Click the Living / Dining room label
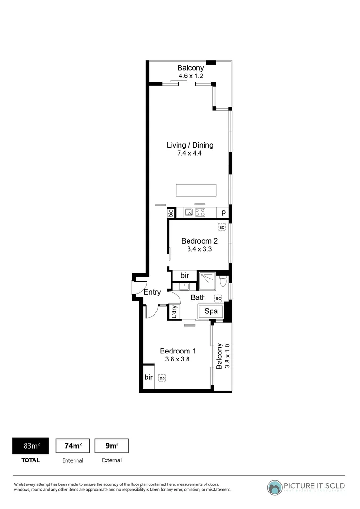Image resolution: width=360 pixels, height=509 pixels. (x=190, y=145)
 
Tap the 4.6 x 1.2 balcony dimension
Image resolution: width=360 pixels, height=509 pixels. (x=190, y=75)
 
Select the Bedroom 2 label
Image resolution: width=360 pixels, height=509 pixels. (x=199, y=241)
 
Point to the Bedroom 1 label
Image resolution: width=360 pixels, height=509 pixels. (x=178, y=351)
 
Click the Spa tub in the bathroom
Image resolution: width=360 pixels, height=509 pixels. (x=211, y=312)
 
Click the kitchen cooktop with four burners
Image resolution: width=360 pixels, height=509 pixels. (x=200, y=213)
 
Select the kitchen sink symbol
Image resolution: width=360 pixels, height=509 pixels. (x=188, y=213)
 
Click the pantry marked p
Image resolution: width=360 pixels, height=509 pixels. (x=223, y=213)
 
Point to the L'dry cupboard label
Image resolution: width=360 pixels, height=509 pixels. (x=174, y=312)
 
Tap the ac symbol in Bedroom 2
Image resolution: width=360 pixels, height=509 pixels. (x=221, y=227)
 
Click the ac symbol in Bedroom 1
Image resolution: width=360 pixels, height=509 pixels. (x=162, y=378)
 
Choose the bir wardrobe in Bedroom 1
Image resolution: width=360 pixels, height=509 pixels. (x=148, y=377)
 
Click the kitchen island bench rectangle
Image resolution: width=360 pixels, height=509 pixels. (x=196, y=190)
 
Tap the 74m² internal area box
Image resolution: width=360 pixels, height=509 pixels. (x=73, y=446)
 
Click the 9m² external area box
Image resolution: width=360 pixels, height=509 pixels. (x=111, y=446)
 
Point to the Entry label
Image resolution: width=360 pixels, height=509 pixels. (x=152, y=292)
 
